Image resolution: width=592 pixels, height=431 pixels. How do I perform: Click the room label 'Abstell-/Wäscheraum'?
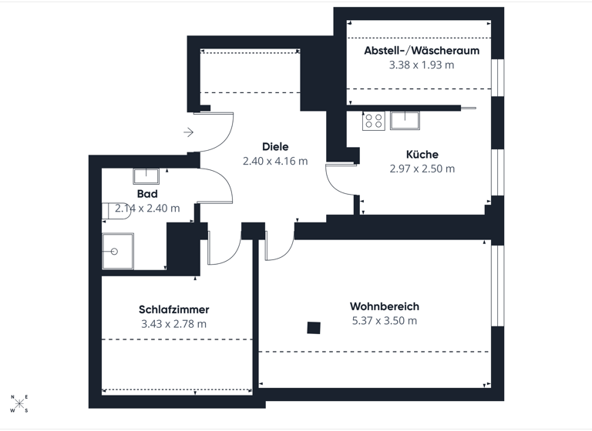pos(422,51)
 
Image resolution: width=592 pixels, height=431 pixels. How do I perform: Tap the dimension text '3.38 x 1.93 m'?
pos(422,65)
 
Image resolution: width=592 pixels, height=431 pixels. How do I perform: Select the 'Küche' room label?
pos(422,155)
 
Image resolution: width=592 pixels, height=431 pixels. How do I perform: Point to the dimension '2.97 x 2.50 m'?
pos(422,169)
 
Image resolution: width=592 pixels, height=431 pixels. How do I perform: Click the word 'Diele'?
pos(275,147)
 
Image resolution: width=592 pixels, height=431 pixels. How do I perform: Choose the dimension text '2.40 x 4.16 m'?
pos(275,161)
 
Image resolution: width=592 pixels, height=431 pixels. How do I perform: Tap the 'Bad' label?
pos(147,194)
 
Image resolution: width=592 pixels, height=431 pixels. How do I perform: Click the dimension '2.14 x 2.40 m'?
pos(147,208)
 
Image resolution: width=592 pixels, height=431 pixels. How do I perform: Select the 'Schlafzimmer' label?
pos(174,309)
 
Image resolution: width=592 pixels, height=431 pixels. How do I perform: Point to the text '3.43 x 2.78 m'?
pos(174,323)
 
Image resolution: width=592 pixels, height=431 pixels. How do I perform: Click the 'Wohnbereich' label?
pos(384,306)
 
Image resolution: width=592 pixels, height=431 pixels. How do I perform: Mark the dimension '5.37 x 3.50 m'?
pos(384,320)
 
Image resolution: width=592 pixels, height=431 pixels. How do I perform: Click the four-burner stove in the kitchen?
pos(374,121)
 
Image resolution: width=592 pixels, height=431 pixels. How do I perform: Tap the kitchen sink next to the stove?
pos(405,119)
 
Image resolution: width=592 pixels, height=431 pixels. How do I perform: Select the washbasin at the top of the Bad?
pos(145,175)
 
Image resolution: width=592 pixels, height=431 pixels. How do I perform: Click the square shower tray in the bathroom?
pos(118,251)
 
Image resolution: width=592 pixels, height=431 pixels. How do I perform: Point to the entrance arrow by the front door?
pos(188,132)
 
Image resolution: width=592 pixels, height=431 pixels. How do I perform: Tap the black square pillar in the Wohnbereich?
pos(314,328)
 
